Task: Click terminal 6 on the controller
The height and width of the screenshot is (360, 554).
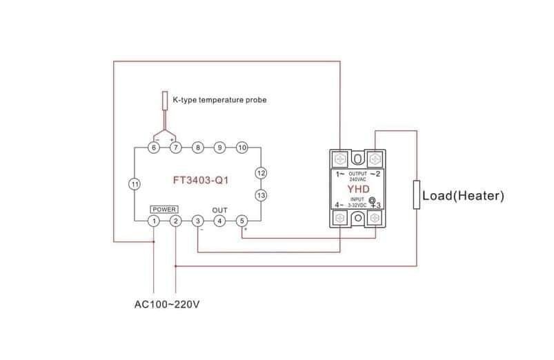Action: [x=154, y=148]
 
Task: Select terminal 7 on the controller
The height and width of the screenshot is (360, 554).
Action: [x=176, y=148]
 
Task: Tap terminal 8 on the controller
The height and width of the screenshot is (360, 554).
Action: [x=198, y=148]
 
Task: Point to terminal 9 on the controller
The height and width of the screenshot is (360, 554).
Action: [x=219, y=148]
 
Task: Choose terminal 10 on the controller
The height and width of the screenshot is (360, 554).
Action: [x=241, y=148]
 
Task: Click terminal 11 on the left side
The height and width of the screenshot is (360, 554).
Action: [x=135, y=184]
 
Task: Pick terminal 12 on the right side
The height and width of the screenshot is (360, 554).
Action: [x=261, y=172]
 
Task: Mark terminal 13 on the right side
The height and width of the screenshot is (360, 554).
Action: [x=261, y=195]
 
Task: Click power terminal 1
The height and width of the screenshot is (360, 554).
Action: [x=154, y=221]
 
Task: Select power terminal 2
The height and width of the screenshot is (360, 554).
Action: [x=176, y=221]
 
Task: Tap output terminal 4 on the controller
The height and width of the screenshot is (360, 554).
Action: [x=219, y=221]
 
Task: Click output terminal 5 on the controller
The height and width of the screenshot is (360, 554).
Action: [x=241, y=221]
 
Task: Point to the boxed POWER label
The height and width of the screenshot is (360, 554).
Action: [x=164, y=209]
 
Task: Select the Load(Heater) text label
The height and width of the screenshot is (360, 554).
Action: [x=463, y=197]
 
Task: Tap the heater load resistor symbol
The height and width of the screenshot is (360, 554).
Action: [x=417, y=194]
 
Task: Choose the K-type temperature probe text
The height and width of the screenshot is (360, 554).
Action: [x=219, y=100]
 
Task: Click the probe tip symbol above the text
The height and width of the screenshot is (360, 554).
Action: [x=165, y=100]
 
